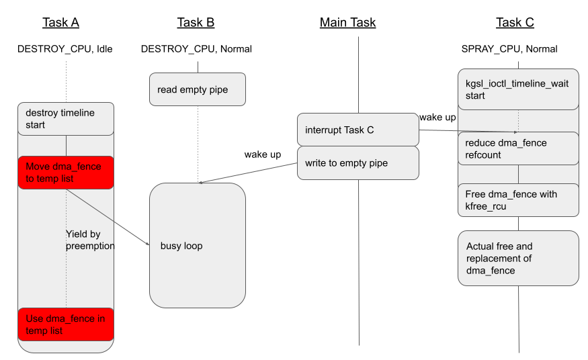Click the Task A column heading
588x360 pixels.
[60, 23]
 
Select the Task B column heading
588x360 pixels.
[196, 23]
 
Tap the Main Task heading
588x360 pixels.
[347, 23]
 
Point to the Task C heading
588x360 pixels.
[515, 23]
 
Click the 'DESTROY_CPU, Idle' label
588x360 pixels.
[65, 49]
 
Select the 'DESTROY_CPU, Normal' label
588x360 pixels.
[196, 49]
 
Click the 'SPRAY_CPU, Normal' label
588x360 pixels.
[509, 49]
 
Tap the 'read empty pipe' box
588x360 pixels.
[198, 89]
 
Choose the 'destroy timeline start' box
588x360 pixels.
[66, 119]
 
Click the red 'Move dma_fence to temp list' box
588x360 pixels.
[66, 173]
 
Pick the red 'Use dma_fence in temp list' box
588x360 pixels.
[66, 324]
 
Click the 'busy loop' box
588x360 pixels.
[198, 246]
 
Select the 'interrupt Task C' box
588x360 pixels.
[358, 130]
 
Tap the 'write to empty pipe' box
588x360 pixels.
[358, 163]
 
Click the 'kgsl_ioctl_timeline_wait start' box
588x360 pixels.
[518, 89]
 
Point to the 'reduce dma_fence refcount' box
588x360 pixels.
[518, 148]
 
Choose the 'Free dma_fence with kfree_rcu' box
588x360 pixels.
[518, 200]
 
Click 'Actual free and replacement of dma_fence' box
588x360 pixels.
[518, 259]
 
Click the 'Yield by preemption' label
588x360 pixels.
[90, 240]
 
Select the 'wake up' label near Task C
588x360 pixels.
[437, 118]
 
